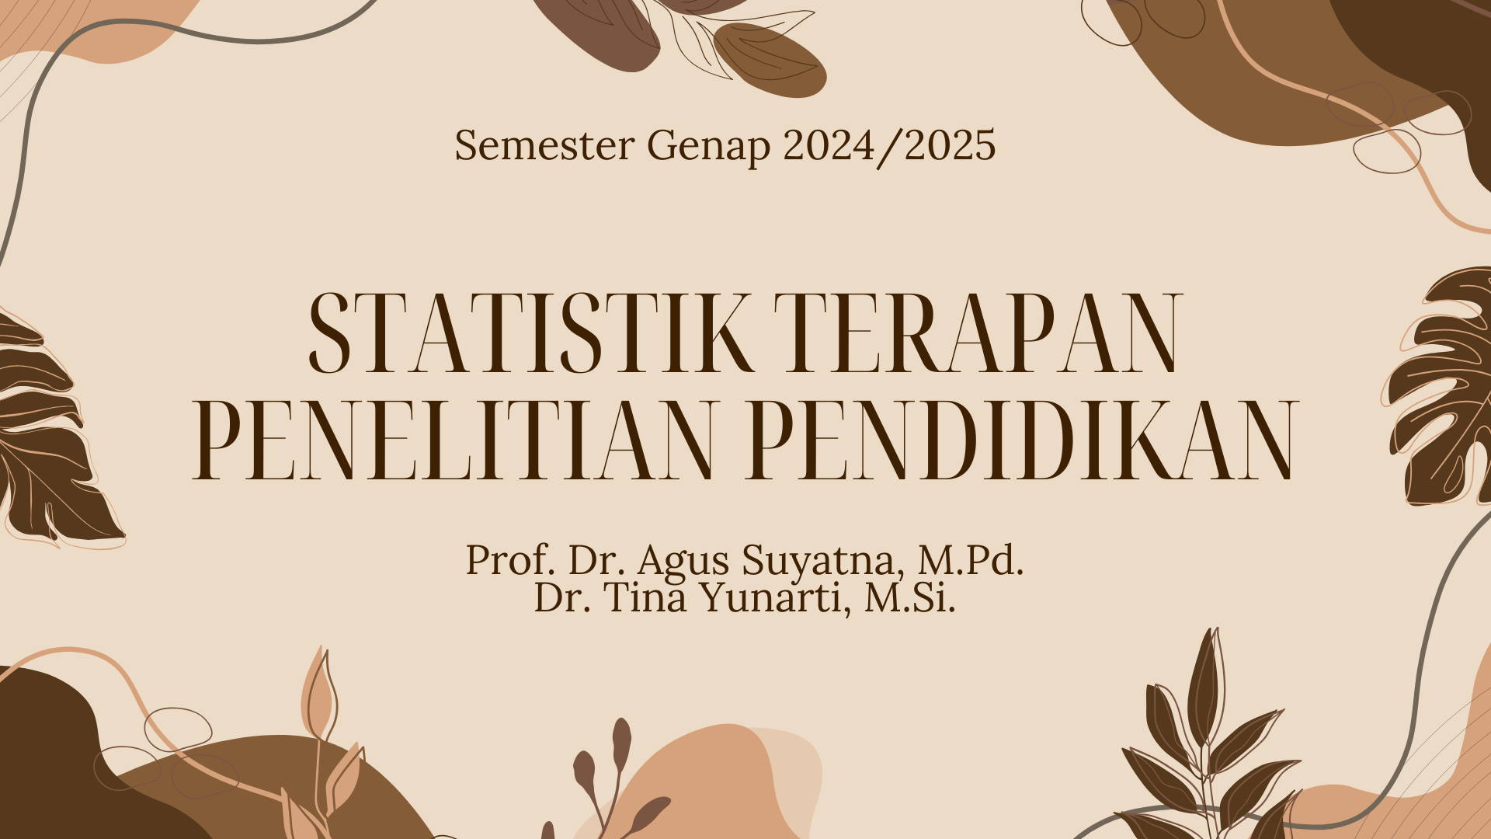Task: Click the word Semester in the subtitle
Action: point(544,145)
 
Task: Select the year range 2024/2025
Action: point(889,145)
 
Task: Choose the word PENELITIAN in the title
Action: point(453,440)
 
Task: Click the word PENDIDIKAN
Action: point(1023,440)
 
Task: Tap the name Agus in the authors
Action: point(683,561)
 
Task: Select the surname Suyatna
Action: point(823,561)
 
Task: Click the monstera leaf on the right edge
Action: point(1444,388)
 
